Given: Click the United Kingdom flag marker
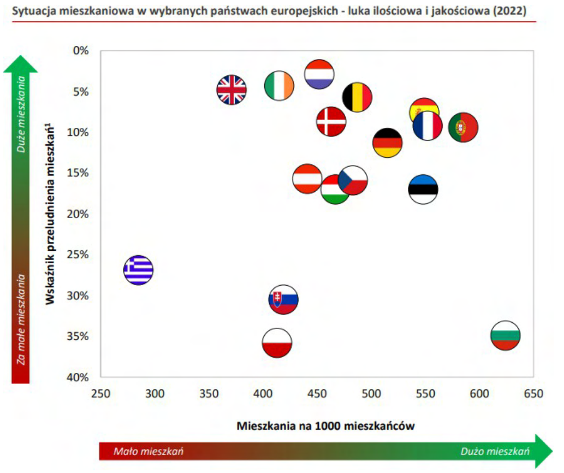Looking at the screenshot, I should click(x=231, y=90).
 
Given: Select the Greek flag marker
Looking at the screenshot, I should click(x=138, y=270).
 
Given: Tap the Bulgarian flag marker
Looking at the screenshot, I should click(x=505, y=335).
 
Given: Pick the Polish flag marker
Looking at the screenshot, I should click(x=277, y=343).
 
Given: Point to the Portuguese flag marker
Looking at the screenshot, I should click(x=463, y=127).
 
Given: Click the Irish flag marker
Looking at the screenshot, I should click(x=279, y=86).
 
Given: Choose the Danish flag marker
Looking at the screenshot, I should click(x=331, y=121).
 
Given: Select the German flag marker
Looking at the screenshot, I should click(x=388, y=143).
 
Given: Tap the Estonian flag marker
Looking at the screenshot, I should click(x=423, y=189).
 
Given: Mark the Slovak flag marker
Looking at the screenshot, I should click(x=283, y=299).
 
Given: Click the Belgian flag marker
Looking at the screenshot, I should click(x=357, y=97).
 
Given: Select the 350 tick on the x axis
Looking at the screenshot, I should click(x=210, y=393).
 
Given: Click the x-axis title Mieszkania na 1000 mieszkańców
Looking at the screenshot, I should click(x=325, y=425).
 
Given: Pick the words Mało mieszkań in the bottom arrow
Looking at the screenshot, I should click(x=148, y=451).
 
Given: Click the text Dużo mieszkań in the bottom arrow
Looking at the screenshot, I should click(x=495, y=451).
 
